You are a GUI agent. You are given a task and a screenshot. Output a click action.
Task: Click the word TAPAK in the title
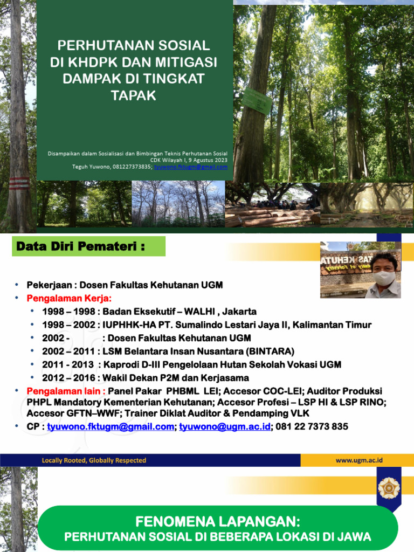click(133, 95)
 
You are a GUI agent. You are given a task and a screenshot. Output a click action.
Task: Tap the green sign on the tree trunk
click(257, 101)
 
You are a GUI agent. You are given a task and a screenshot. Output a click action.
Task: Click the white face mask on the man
click(384, 278)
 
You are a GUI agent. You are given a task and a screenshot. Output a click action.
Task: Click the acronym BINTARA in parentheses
click(267, 351)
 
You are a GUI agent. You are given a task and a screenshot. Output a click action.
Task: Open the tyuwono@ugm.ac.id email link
click(225, 426)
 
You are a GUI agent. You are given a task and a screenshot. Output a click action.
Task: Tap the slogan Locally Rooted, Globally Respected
click(94, 460)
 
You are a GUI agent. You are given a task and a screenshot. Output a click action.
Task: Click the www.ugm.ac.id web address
click(358, 460)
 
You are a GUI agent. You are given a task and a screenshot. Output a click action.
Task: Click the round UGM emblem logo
click(389, 487)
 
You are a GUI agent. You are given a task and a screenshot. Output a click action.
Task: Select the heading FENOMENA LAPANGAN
click(218, 522)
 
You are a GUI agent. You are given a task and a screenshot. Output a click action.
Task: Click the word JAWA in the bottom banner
click(355, 537)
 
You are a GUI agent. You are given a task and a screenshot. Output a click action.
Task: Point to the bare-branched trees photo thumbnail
click(178, 204)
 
